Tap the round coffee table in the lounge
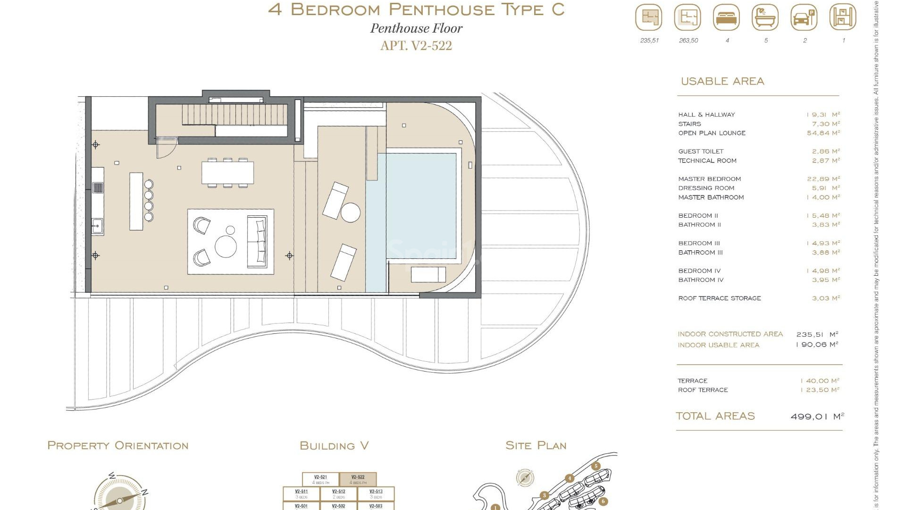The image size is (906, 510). tap(226, 246)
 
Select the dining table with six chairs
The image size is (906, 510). tap(227, 173)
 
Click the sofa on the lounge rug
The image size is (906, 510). tap(257, 241)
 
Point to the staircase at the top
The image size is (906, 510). tap(235, 115)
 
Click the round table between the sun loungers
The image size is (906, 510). tap(351, 212)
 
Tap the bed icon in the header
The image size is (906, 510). tap(727, 18)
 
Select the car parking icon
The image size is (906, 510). tap(804, 18)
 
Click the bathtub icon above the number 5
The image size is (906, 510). tap(765, 18)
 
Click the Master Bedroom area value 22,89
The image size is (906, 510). tap(823, 179)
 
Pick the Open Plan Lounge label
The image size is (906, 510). tap(712, 133)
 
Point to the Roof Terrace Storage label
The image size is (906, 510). tap(719, 298)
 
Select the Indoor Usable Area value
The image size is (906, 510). tap(817, 345)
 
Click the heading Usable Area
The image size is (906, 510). tap(722, 81)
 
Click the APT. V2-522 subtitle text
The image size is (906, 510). tap(416, 46)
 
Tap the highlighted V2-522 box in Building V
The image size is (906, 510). tap(358, 479)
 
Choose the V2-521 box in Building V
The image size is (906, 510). tap(320, 479)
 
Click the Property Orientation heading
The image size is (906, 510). tap(118, 446)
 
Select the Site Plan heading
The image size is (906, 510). tap(536, 446)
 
